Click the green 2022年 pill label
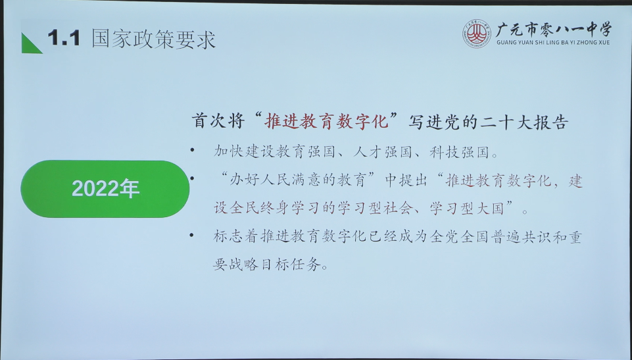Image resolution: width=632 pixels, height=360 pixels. pyautogui.click(x=105, y=189)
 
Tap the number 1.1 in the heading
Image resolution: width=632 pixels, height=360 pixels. pyautogui.click(x=64, y=38)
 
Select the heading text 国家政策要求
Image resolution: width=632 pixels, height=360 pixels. pyautogui.click(x=154, y=39)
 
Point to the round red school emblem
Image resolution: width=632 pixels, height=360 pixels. pyautogui.click(x=476, y=34)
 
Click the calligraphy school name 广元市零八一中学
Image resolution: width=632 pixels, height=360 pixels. pyautogui.click(x=553, y=30)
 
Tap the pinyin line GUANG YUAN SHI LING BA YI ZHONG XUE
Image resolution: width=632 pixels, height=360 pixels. pyautogui.click(x=553, y=42)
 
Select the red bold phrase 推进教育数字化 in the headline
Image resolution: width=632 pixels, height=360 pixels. pyautogui.click(x=326, y=121)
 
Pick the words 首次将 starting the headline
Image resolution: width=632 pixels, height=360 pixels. pyautogui.click(x=218, y=121)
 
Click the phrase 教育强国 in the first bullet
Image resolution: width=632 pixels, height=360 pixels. pyautogui.click(x=305, y=152)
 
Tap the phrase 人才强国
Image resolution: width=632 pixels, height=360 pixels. pyautogui.click(x=382, y=152)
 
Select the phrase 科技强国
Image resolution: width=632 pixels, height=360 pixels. pyautogui.click(x=458, y=152)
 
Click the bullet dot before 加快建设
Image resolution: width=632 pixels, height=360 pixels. pyautogui.click(x=192, y=150)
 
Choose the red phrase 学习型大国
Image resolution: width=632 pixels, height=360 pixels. pyautogui.click(x=467, y=208)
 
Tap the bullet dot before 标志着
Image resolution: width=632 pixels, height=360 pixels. pyautogui.click(x=192, y=234)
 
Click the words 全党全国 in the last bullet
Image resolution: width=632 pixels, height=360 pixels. pyautogui.click(x=459, y=237)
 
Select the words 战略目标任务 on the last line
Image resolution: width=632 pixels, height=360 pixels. pyautogui.click(x=275, y=265)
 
